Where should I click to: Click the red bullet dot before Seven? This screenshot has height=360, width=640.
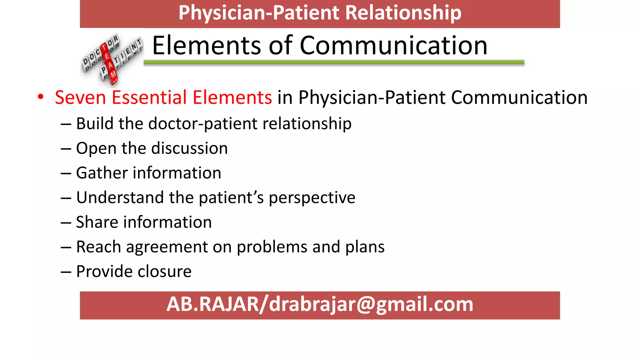[x=41, y=97]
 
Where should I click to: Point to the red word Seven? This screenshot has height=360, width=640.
[x=80, y=97]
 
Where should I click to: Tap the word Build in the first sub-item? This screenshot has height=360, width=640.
[x=95, y=123]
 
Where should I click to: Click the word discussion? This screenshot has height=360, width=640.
[x=192, y=148]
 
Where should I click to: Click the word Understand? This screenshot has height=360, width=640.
[x=120, y=197]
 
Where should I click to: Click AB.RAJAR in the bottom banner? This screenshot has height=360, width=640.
[x=213, y=304]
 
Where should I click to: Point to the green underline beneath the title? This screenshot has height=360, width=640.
[x=334, y=62]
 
